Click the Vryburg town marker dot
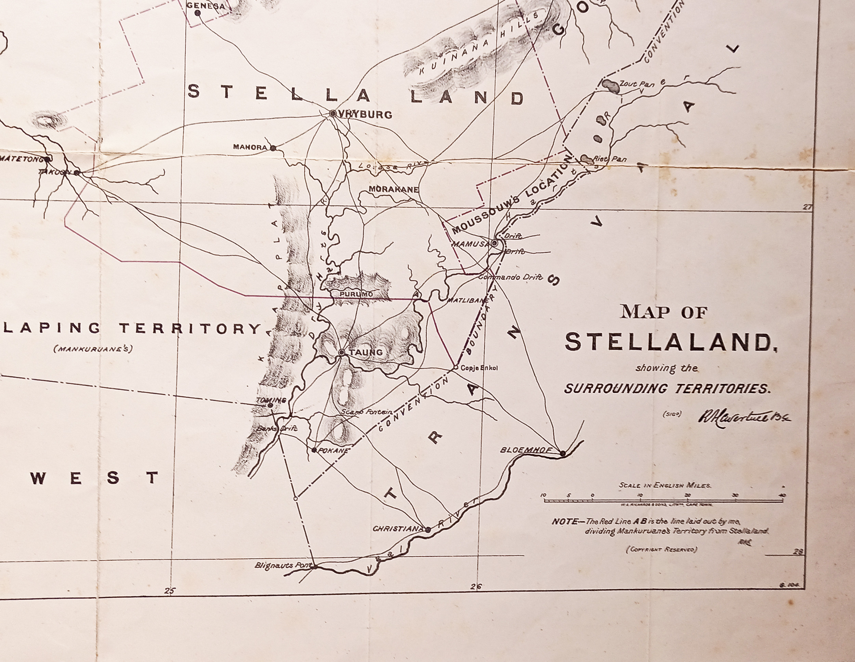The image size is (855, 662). (333, 114)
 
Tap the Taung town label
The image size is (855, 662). (366, 352)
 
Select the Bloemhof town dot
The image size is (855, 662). (563, 454)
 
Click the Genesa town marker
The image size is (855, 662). (198, 13)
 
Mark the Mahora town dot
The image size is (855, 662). (273, 148)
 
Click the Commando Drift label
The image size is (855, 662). (511, 277)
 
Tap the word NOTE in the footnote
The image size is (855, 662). (565, 522)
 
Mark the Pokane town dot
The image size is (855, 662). (314, 450)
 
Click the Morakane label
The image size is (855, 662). (393, 189)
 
